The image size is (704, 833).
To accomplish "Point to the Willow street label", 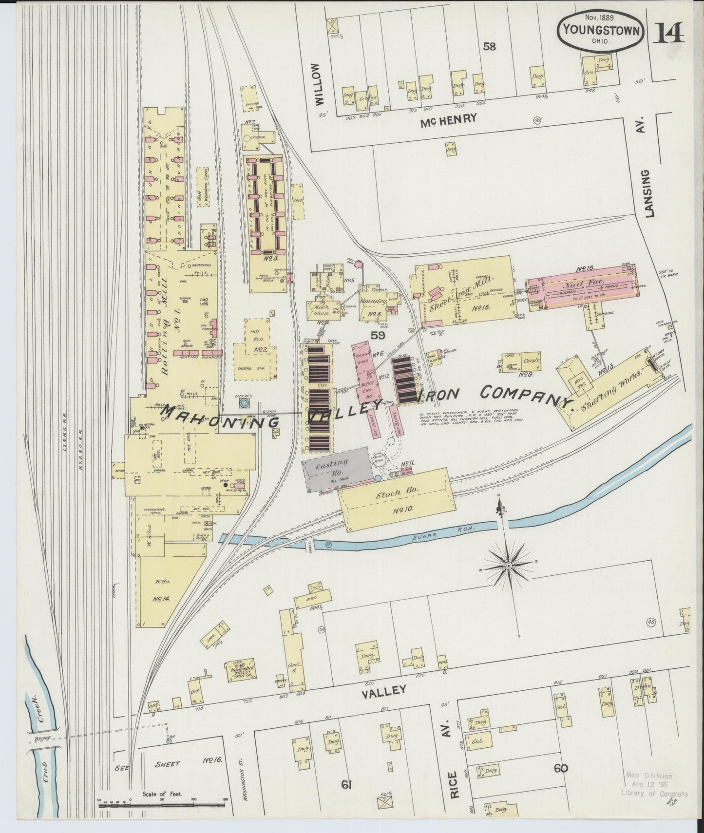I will [319, 84].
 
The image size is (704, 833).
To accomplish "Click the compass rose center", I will [508, 566].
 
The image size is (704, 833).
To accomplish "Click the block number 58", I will [489, 47].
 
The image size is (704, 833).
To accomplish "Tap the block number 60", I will [561, 768].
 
